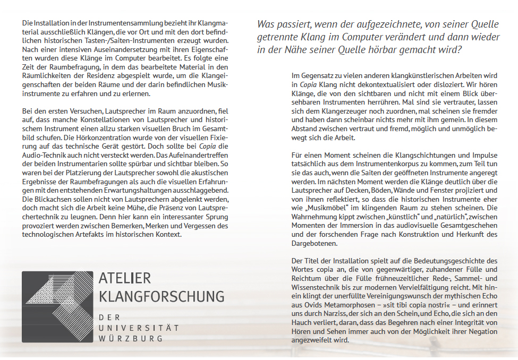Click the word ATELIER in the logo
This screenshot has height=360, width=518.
click(x=125, y=278)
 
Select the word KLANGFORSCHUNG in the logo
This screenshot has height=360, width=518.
click(x=162, y=296)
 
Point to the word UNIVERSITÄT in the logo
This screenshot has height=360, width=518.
click(x=139, y=328)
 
